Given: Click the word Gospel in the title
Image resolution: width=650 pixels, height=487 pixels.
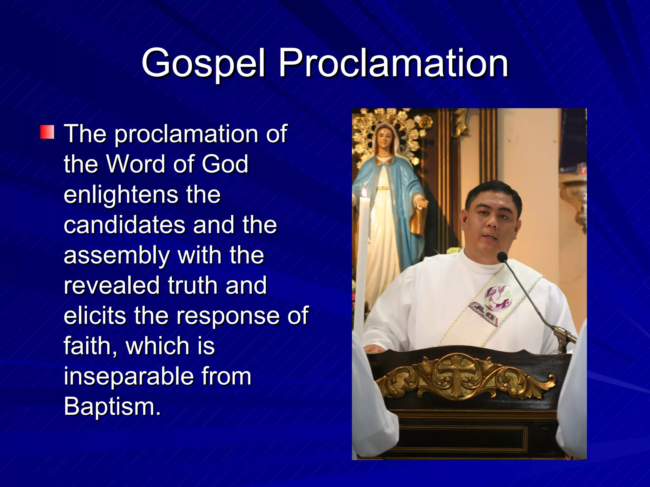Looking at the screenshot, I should click(203, 63).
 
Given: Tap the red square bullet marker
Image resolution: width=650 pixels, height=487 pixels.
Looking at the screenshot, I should click(47, 132).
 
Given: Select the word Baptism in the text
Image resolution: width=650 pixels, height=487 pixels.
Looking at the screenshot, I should click(112, 406).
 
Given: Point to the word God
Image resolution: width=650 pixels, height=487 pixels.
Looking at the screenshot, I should click(225, 164).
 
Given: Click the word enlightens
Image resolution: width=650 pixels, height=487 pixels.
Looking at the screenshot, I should click(121, 195).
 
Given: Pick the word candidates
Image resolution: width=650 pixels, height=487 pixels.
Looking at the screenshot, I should click(124, 225).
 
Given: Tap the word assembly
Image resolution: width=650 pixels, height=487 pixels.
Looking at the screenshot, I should click(116, 256).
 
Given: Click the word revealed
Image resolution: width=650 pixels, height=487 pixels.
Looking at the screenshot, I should click(111, 285).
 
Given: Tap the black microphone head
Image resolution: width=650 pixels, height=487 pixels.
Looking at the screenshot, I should click(502, 256).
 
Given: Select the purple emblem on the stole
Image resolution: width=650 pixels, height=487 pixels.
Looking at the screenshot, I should click(498, 298).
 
